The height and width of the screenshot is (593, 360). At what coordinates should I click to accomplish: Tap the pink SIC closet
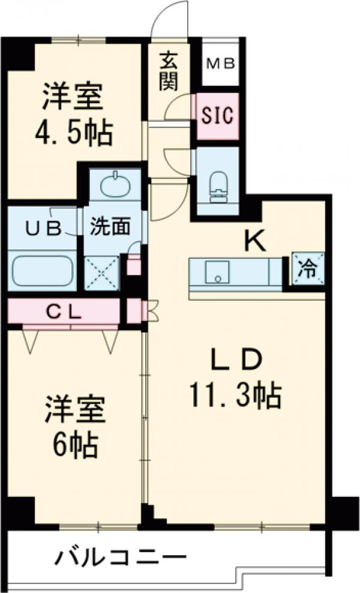tap(217, 115)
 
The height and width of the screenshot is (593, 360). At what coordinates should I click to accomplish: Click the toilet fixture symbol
tap(218, 187)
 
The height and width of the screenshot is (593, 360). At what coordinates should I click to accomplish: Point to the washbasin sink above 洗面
tap(116, 184)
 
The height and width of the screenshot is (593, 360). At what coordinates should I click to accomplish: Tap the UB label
tap(43, 228)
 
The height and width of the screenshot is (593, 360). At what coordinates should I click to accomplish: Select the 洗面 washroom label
tap(110, 226)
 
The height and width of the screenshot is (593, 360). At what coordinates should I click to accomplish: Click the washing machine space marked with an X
tap(101, 272)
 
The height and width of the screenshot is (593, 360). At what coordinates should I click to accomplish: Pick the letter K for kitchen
tap(255, 241)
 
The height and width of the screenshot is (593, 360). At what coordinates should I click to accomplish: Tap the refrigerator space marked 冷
tap(308, 269)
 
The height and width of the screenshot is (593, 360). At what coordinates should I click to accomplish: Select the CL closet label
tap(64, 312)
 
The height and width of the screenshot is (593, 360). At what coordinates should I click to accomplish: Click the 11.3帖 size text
tap(235, 395)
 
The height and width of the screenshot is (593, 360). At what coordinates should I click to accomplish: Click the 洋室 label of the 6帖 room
tap(75, 410)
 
